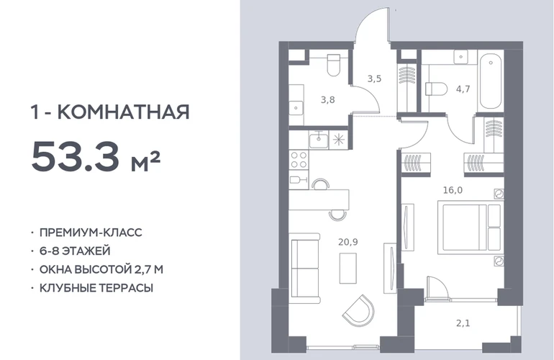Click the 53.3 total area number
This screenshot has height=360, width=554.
(76, 156)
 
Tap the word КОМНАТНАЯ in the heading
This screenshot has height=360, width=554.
(123, 112)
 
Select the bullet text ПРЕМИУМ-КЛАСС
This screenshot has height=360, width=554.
(91, 233)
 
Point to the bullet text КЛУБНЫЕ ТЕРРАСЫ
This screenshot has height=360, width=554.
(96, 288)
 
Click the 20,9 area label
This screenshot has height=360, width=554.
(348, 242)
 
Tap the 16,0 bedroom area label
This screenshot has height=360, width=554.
(453, 190)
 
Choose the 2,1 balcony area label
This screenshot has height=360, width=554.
(463, 323)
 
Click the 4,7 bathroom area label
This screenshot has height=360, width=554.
(463, 89)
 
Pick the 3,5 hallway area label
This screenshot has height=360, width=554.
(374, 78)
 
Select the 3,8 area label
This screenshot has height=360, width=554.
(327, 100)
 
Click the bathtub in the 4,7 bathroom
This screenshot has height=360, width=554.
(491, 81)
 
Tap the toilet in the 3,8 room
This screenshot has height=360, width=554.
(333, 65)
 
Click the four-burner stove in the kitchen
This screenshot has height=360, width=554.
(299, 160)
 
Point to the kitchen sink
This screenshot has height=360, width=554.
(319, 140)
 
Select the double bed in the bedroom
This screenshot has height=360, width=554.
(469, 227)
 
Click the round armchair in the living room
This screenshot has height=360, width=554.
(358, 310)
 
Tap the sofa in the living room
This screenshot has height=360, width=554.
(304, 268)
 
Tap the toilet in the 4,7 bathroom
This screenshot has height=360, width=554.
(436, 89)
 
